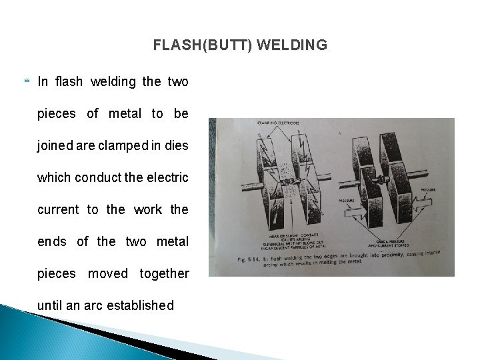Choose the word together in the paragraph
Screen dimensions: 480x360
point(164,273)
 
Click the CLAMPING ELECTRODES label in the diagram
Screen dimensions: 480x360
point(279,124)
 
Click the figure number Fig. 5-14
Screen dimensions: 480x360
point(267,258)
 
